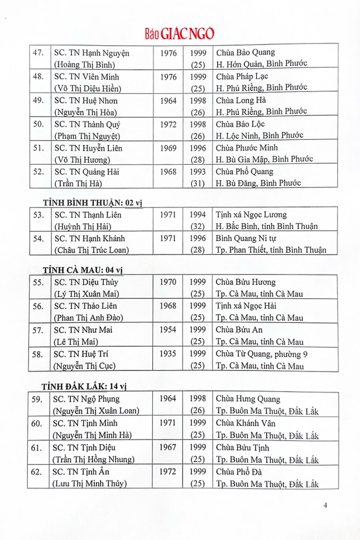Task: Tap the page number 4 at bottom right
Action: pos(325,505)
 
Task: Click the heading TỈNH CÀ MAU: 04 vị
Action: pos(83,271)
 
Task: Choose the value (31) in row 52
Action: pos(198,182)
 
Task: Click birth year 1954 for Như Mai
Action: pos(167,330)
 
